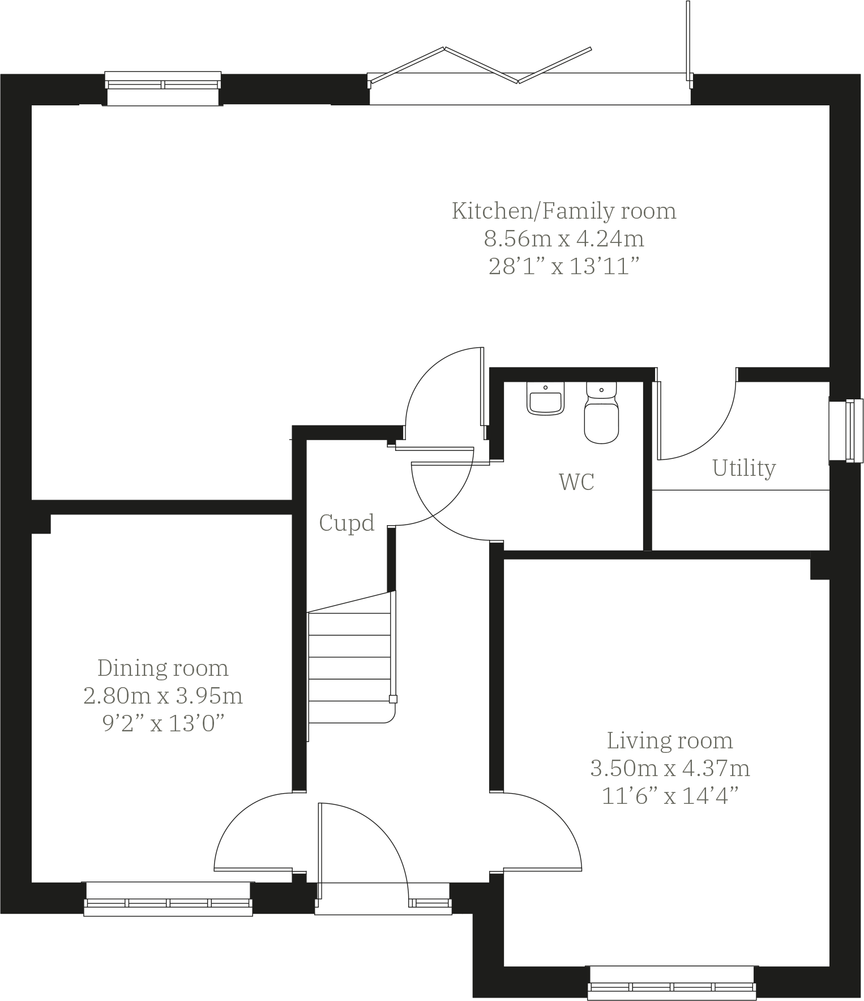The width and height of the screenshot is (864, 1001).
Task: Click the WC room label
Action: point(576,482)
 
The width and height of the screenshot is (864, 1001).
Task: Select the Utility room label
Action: point(743,468)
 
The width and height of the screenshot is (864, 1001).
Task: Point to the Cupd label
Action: point(347,522)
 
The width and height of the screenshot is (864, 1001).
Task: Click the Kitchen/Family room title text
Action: point(564,211)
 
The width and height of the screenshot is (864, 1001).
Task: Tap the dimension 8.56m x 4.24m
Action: point(564,238)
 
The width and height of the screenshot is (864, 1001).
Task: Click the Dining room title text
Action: point(163,668)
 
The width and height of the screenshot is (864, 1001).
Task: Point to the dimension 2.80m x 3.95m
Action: point(163,696)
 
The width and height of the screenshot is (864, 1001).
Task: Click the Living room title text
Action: point(670,740)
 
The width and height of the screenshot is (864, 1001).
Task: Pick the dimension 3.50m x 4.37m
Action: point(670,769)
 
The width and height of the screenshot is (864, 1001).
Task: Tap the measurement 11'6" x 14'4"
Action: point(670,796)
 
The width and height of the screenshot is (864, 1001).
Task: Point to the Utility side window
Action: point(846,431)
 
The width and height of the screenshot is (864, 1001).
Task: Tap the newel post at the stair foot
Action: point(393,699)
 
